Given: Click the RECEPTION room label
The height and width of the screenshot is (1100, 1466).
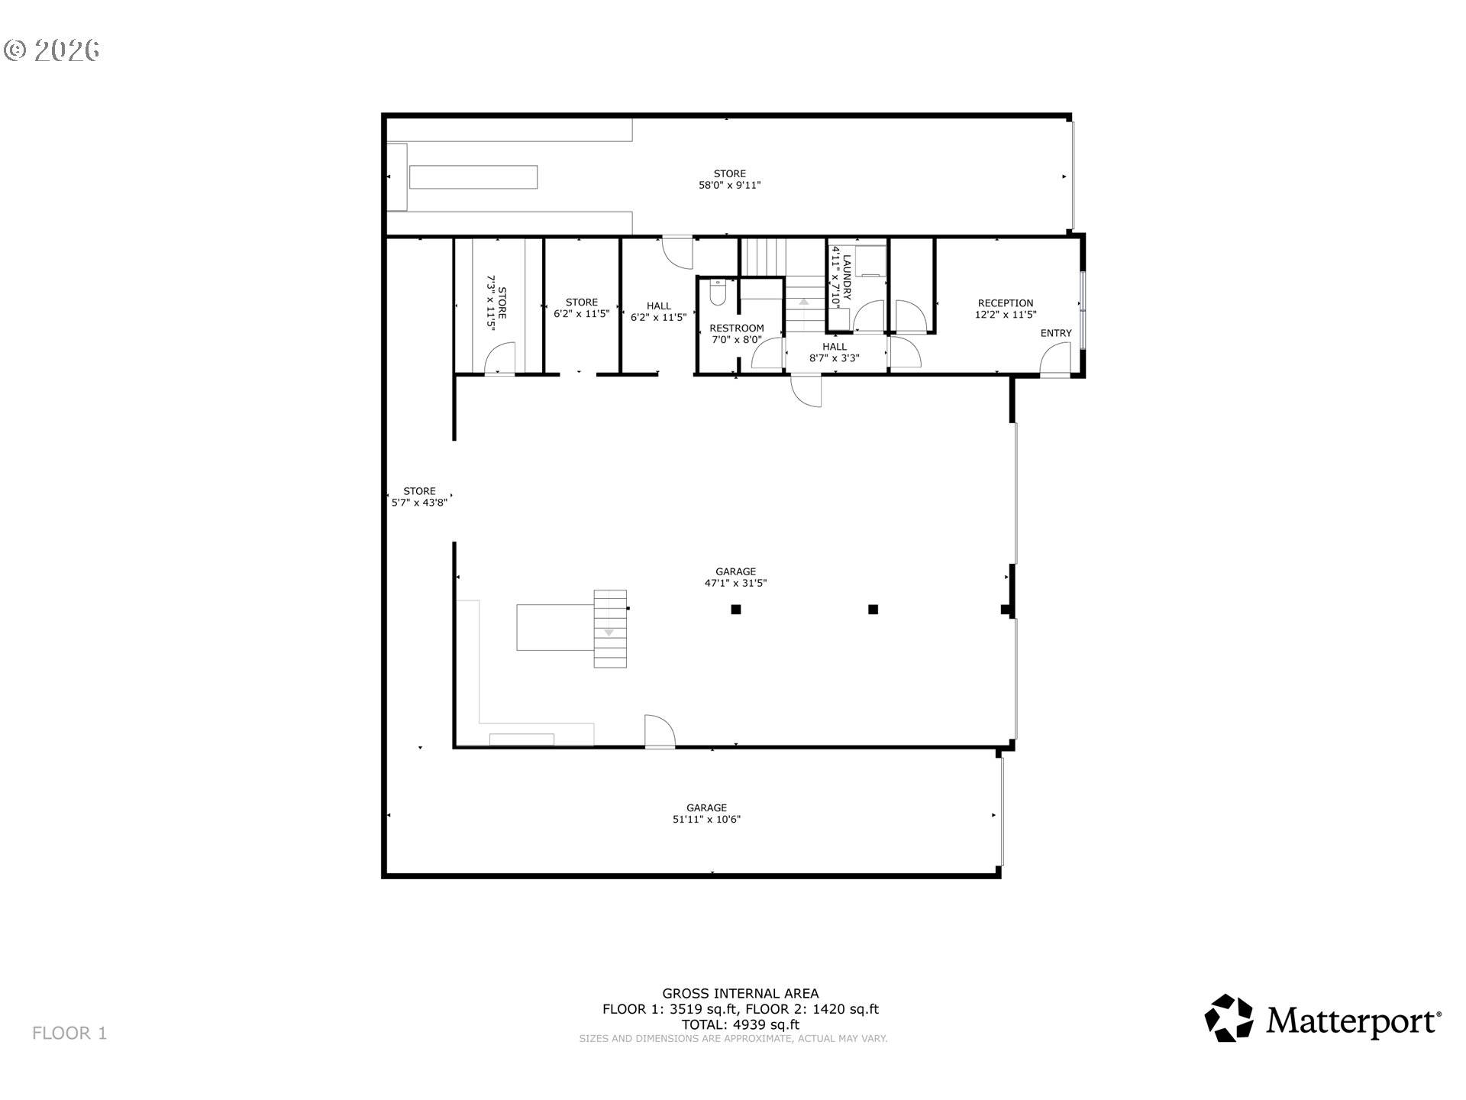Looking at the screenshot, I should [1005, 303].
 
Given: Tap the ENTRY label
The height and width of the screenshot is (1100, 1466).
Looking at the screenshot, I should [1055, 333].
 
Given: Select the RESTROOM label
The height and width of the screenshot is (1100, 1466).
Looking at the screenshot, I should [736, 328].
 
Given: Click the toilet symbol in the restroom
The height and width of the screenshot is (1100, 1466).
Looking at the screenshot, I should [717, 293].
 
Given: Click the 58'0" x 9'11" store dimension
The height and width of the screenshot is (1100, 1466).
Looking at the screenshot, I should [729, 185].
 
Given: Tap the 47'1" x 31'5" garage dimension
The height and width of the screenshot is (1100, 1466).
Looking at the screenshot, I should [735, 583].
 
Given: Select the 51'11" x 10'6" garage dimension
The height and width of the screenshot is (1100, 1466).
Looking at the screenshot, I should [706, 820].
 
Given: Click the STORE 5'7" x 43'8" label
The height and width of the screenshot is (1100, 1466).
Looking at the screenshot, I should [419, 497].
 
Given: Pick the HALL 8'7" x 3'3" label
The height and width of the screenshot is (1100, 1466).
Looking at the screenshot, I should [834, 352].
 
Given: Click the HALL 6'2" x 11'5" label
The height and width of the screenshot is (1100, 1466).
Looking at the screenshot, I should [658, 312].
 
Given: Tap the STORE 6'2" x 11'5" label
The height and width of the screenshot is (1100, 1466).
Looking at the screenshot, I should [581, 308].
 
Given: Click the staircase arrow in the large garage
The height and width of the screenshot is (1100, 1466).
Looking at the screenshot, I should [609, 632].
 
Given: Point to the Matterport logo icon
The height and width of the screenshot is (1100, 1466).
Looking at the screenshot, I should [1229, 1017].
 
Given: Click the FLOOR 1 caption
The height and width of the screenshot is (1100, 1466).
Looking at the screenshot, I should [69, 1034].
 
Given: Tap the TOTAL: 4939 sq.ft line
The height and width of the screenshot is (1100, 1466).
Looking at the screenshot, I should [740, 1024].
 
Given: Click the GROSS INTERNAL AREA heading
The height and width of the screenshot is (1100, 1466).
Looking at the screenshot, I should [740, 993].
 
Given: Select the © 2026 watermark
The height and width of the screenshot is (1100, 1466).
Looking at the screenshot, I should [52, 50].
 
